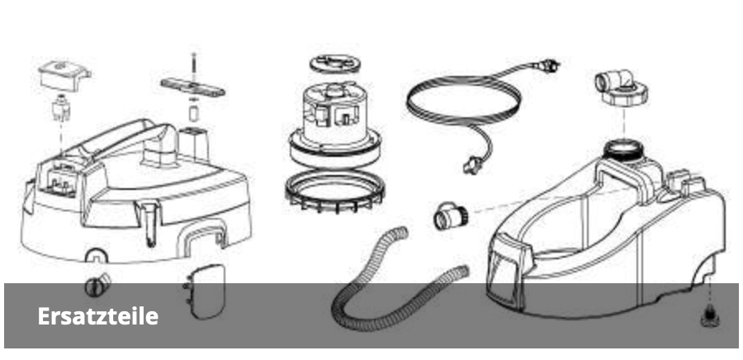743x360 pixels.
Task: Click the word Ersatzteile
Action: click(98, 316)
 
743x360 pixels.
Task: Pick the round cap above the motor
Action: click(335, 64)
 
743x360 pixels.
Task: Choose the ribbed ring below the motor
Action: click(334, 191)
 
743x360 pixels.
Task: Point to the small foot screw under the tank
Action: click(709, 316)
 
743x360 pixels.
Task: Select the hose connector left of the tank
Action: click(449, 216)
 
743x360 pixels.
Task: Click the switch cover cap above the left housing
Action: click(64, 73)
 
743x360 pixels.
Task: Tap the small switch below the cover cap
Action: click(61, 109)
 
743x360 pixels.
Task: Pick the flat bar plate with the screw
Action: click(192, 88)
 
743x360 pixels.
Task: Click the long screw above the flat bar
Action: click(194, 66)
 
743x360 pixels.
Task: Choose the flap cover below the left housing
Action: click(204, 291)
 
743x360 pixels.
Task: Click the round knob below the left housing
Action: click(97, 286)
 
